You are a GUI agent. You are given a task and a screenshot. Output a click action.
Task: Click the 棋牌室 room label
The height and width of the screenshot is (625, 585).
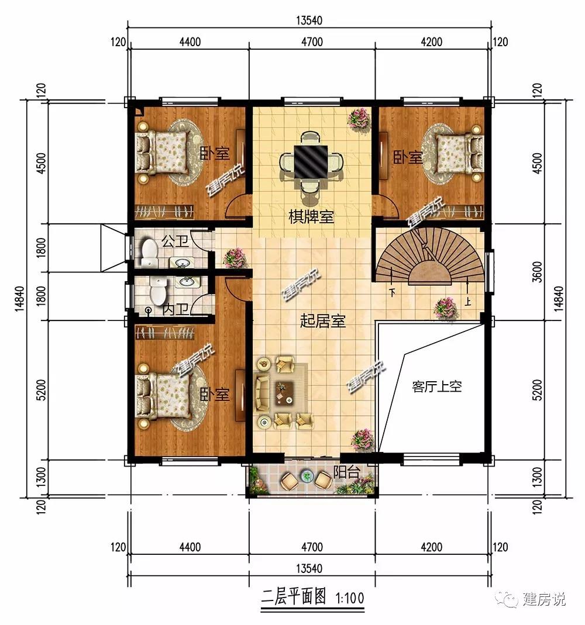point(311,217)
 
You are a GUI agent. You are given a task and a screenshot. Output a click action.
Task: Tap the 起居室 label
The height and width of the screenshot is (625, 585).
point(322,321)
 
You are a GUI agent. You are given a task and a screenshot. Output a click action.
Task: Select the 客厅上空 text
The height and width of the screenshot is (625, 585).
point(436,386)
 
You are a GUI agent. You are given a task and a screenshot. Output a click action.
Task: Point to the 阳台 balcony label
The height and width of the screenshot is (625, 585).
point(346,472)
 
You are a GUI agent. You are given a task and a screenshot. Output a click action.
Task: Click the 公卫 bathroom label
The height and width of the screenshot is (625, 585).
point(175,241)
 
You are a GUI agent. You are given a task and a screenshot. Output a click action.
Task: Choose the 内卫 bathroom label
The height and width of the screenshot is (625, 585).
point(175,310)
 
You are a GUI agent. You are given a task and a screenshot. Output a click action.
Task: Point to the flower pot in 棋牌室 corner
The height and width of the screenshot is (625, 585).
point(359,119)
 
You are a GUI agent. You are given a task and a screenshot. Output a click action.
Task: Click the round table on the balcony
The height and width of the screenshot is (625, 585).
point(307,476)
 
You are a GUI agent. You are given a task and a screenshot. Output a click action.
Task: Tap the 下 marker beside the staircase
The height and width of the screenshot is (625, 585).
point(393,292)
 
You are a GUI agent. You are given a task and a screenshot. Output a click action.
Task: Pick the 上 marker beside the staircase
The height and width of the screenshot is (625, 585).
point(467,301)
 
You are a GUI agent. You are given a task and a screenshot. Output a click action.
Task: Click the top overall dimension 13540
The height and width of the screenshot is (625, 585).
point(309,20)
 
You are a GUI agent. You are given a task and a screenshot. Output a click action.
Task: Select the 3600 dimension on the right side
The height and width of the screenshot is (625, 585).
point(538,272)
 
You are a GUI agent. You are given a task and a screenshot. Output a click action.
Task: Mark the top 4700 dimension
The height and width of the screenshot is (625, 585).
point(312,42)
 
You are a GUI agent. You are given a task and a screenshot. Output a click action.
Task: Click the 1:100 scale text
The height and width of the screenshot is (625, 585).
point(350,598)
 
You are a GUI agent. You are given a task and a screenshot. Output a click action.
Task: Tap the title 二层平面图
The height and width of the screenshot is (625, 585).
point(294,598)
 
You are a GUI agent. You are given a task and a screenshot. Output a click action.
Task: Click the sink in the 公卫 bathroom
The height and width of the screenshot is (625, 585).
point(183,263)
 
